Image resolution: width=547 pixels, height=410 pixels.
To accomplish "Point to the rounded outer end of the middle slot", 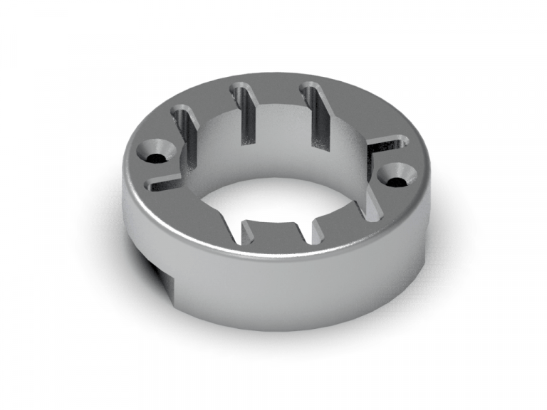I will (x=239, y=88).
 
